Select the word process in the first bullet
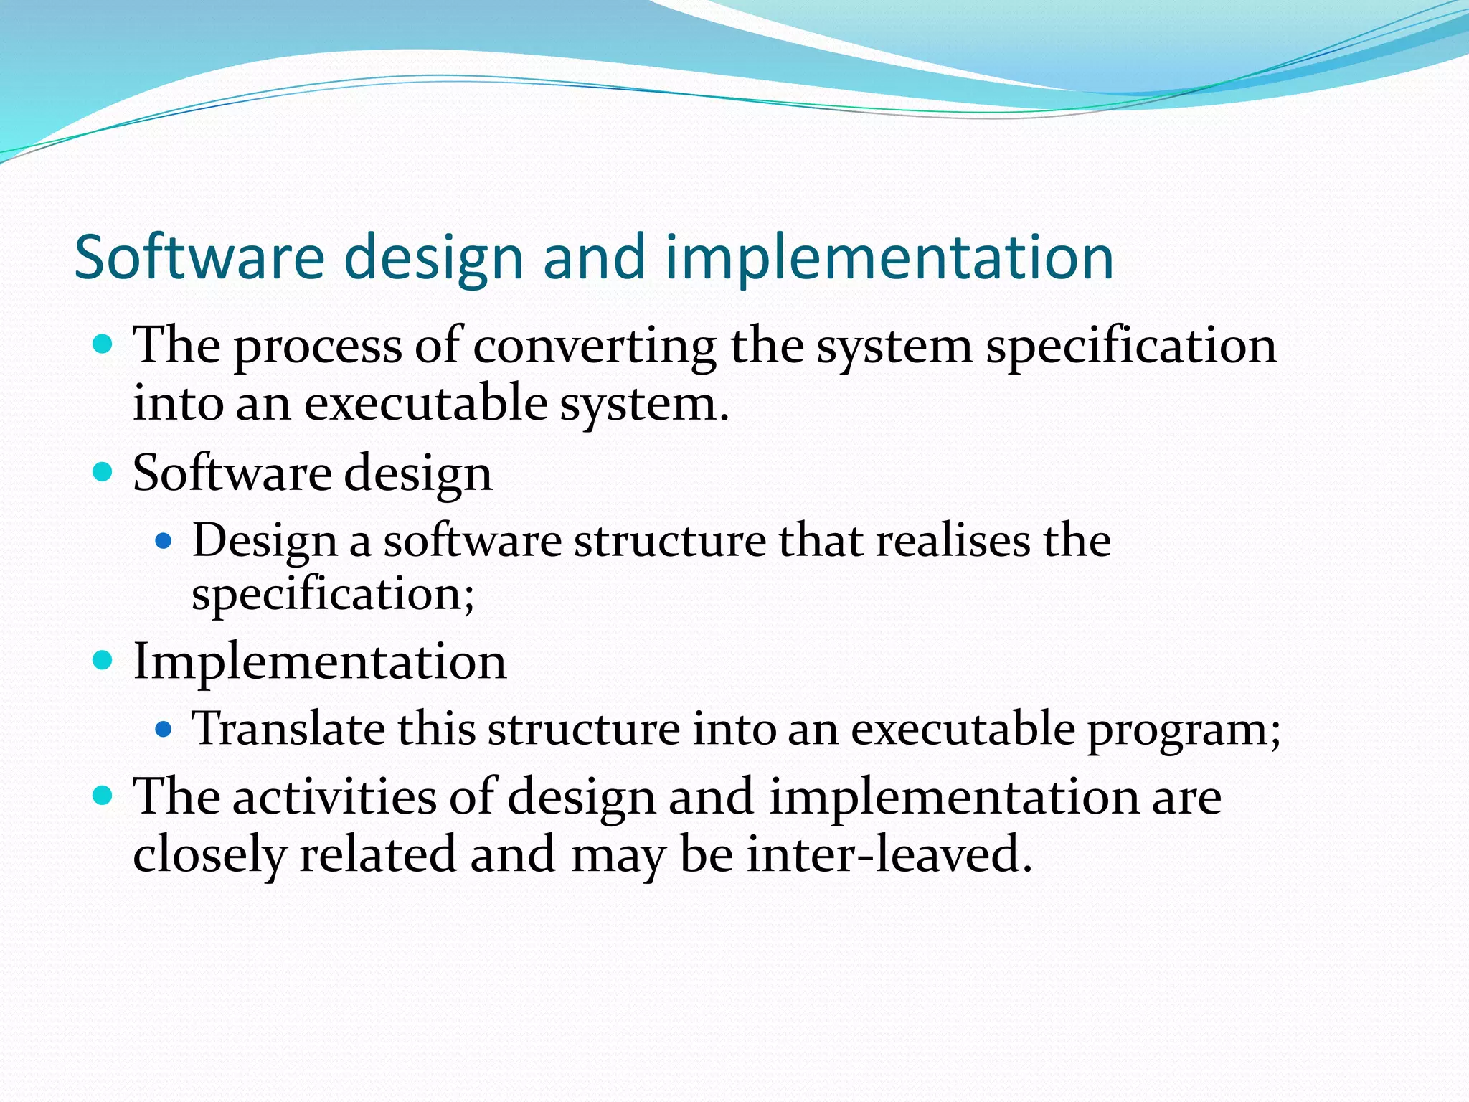[318, 346]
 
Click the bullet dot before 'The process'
[103, 344]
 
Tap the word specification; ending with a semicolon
[333, 594]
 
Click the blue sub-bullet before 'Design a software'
[164, 540]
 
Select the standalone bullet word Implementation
[320, 661]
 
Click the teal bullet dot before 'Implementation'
[103, 659]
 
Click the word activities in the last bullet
[334, 797]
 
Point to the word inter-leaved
[889, 854]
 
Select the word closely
[209, 854]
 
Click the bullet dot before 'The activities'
[103, 795]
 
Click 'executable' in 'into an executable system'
[426, 403]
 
